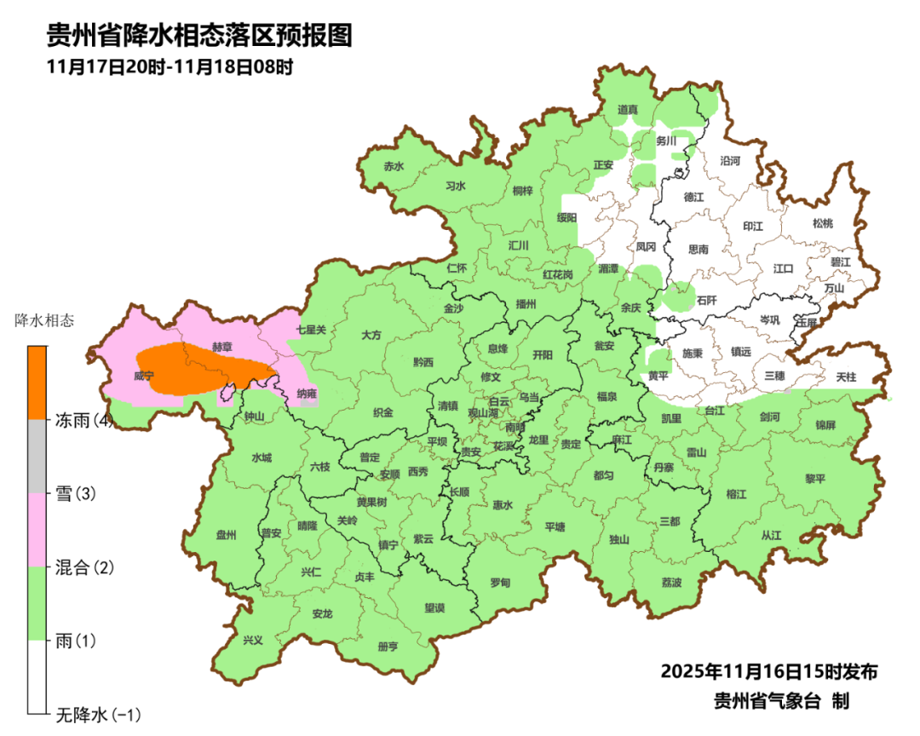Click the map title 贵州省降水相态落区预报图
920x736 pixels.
click(x=198, y=36)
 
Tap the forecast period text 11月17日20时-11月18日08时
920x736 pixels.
click(x=170, y=66)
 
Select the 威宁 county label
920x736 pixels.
click(x=144, y=375)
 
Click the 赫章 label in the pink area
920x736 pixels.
click(x=221, y=348)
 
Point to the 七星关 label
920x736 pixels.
click(x=311, y=329)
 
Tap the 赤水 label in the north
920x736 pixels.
click(x=393, y=167)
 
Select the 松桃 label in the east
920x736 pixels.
click(x=822, y=223)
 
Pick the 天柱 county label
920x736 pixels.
click(x=846, y=376)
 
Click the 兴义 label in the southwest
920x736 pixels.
click(x=253, y=640)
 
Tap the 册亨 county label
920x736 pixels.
click(x=388, y=647)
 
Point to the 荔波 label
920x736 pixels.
click(x=671, y=583)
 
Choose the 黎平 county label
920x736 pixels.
click(x=815, y=479)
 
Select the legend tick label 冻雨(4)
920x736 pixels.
click(x=83, y=420)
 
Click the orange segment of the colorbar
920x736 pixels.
click(x=37, y=382)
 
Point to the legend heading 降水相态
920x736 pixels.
click(x=44, y=321)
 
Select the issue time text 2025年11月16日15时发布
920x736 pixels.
click(x=768, y=671)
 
